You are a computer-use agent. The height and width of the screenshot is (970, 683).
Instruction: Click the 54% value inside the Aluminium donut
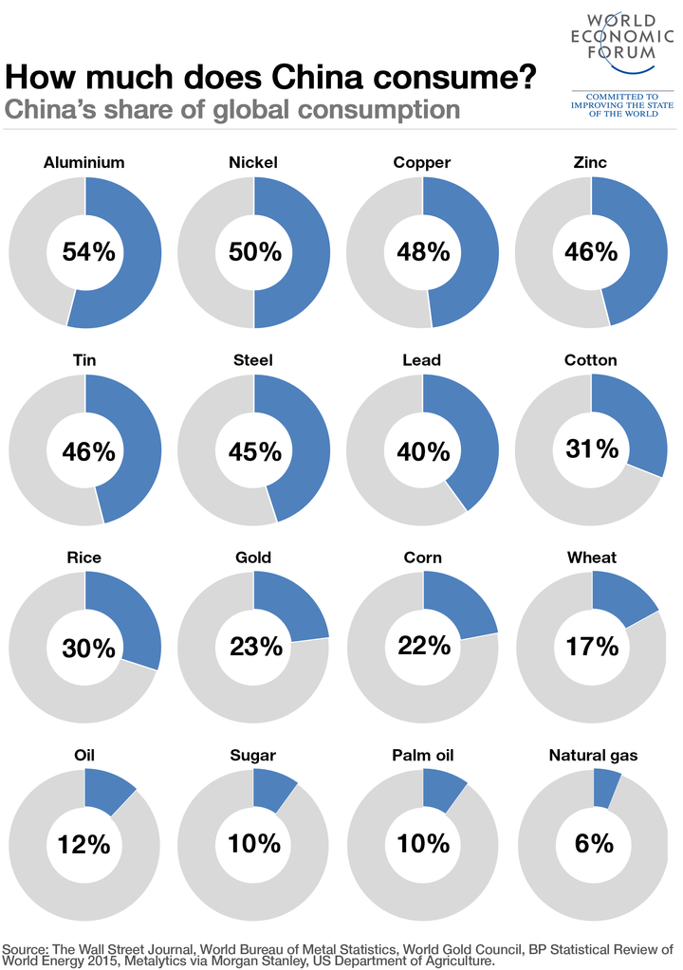[88, 252]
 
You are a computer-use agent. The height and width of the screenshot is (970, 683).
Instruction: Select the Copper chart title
[422, 163]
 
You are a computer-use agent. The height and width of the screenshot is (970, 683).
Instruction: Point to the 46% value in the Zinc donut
[592, 252]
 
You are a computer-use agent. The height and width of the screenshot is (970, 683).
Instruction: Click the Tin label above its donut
[84, 360]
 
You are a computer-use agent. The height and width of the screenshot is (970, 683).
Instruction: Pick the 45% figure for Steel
[255, 451]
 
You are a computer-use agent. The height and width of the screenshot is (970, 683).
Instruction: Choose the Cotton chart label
[590, 360]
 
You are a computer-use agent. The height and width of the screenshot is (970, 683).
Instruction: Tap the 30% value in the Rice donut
[88, 649]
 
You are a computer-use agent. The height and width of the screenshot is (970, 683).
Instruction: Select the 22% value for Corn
[424, 645]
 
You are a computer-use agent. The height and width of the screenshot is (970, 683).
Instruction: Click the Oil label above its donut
[84, 756]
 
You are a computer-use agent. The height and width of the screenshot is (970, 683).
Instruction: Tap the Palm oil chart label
[422, 756]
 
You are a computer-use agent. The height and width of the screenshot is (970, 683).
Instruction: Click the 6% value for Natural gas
[594, 843]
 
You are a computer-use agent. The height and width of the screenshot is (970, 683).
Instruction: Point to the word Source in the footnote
[28, 949]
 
